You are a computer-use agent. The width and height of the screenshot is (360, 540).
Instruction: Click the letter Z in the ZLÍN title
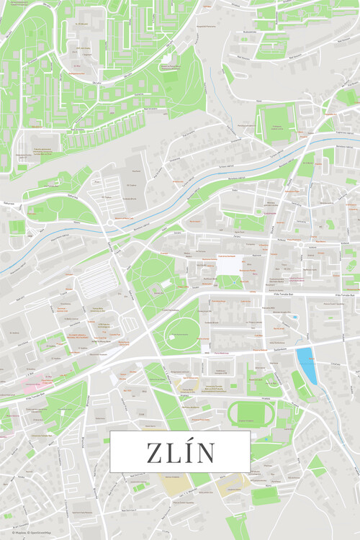tap(156, 453)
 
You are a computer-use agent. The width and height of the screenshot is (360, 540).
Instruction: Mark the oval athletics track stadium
tap(251, 413)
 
